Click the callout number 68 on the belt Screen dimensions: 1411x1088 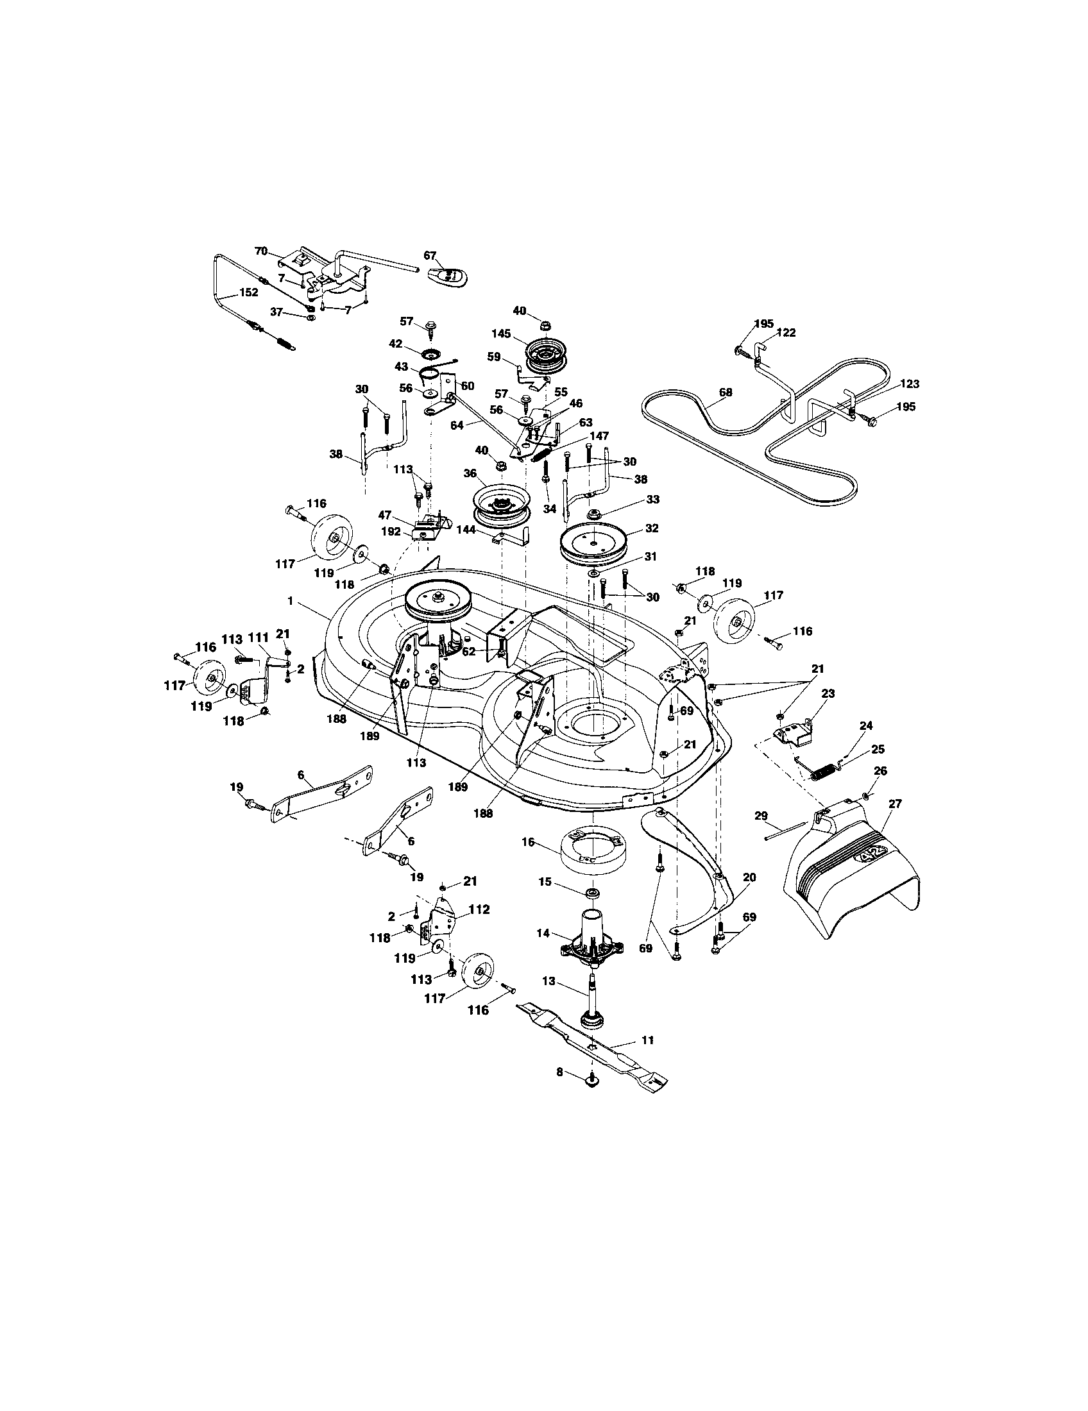[x=726, y=391]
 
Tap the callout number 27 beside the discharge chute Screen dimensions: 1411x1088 [x=895, y=804]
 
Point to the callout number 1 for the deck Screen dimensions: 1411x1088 [x=291, y=601]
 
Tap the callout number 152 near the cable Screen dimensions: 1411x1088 [x=248, y=292]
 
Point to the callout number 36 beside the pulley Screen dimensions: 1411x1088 [x=470, y=473]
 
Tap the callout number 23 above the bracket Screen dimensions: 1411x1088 [x=828, y=693]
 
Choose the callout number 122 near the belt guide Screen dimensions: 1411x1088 [x=786, y=333]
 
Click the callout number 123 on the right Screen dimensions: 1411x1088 [x=909, y=384]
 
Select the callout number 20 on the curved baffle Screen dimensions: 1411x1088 [x=749, y=877]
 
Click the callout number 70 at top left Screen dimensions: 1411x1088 [x=261, y=251]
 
